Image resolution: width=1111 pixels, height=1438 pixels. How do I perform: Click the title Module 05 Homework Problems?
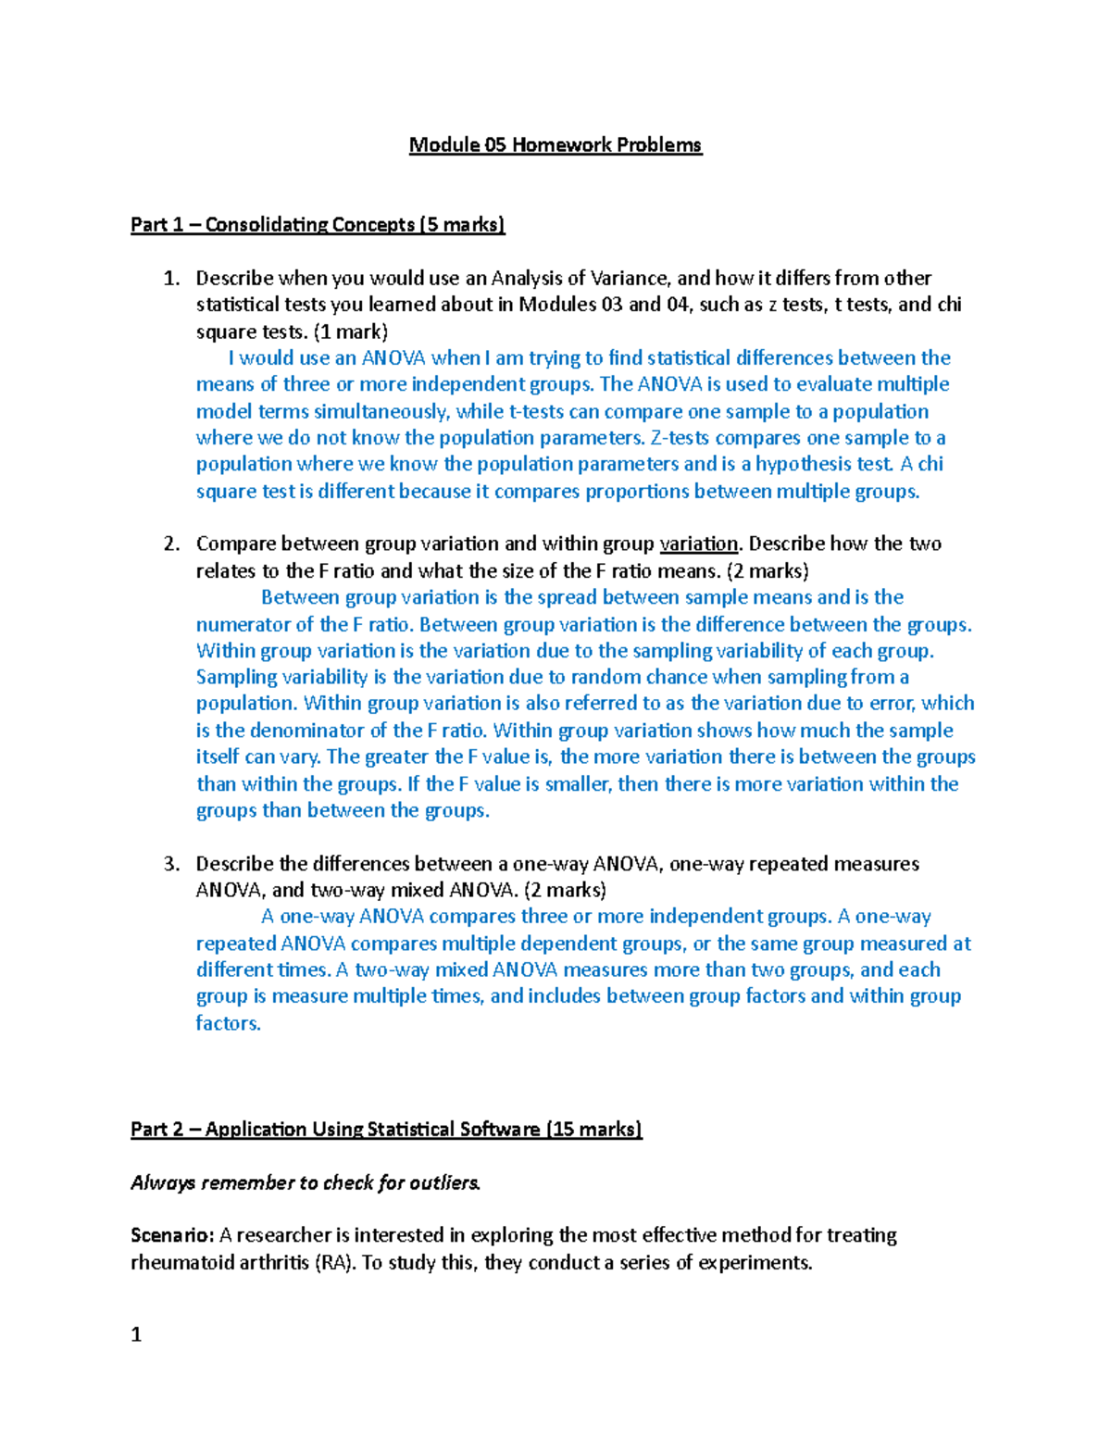(555, 145)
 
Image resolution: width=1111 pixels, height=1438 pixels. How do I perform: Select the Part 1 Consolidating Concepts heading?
(318, 225)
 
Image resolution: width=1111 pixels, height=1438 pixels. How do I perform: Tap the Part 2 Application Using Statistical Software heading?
(386, 1130)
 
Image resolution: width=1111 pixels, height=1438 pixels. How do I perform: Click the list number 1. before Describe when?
(171, 279)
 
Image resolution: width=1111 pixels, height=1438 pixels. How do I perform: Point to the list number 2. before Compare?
(171, 544)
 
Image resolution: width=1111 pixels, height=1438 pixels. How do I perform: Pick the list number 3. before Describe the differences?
(171, 865)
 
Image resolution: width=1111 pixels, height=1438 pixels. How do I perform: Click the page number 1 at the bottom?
(136, 1335)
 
